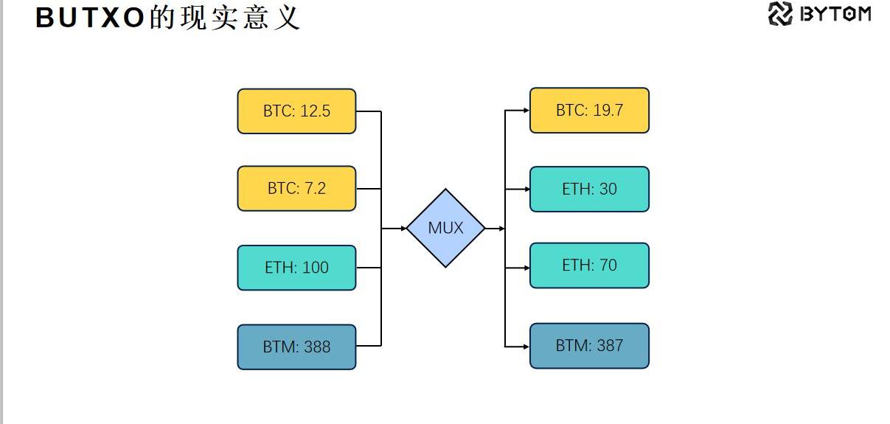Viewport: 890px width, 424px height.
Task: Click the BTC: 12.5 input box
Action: click(x=296, y=111)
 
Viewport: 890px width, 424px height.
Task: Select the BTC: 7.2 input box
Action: click(x=296, y=188)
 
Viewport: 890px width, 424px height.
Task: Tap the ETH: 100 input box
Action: click(x=296, y=268)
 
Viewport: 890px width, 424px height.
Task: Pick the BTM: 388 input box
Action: click(x=296, y=347)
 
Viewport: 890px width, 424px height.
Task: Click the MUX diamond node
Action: click(x=445, y=228)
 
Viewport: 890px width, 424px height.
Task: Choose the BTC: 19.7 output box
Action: click(x=589, y=111)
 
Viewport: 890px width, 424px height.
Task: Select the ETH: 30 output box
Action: click(x=589, y=189)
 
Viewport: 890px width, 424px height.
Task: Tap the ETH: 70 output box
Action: click(x=589, y=265)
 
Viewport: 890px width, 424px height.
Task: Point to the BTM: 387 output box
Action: click(x=589, y=345)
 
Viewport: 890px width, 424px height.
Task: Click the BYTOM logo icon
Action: click(x=780, y=14)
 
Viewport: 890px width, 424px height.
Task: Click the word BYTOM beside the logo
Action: click(x=835, y=14)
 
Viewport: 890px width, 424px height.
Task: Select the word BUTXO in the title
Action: click(x=89, y=18)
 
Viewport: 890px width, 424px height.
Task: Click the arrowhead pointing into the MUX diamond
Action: click(x=403, y=229)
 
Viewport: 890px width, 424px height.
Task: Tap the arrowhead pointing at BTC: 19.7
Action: click(x=526, y=111)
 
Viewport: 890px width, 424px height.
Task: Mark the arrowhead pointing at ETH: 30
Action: click(x=526, y=189)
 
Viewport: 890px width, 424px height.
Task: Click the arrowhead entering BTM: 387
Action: click(x=526, y=346)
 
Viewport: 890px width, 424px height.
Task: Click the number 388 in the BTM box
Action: click(x=317, y=347)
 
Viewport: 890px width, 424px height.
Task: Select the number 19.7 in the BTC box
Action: click(x=608, y=111)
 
